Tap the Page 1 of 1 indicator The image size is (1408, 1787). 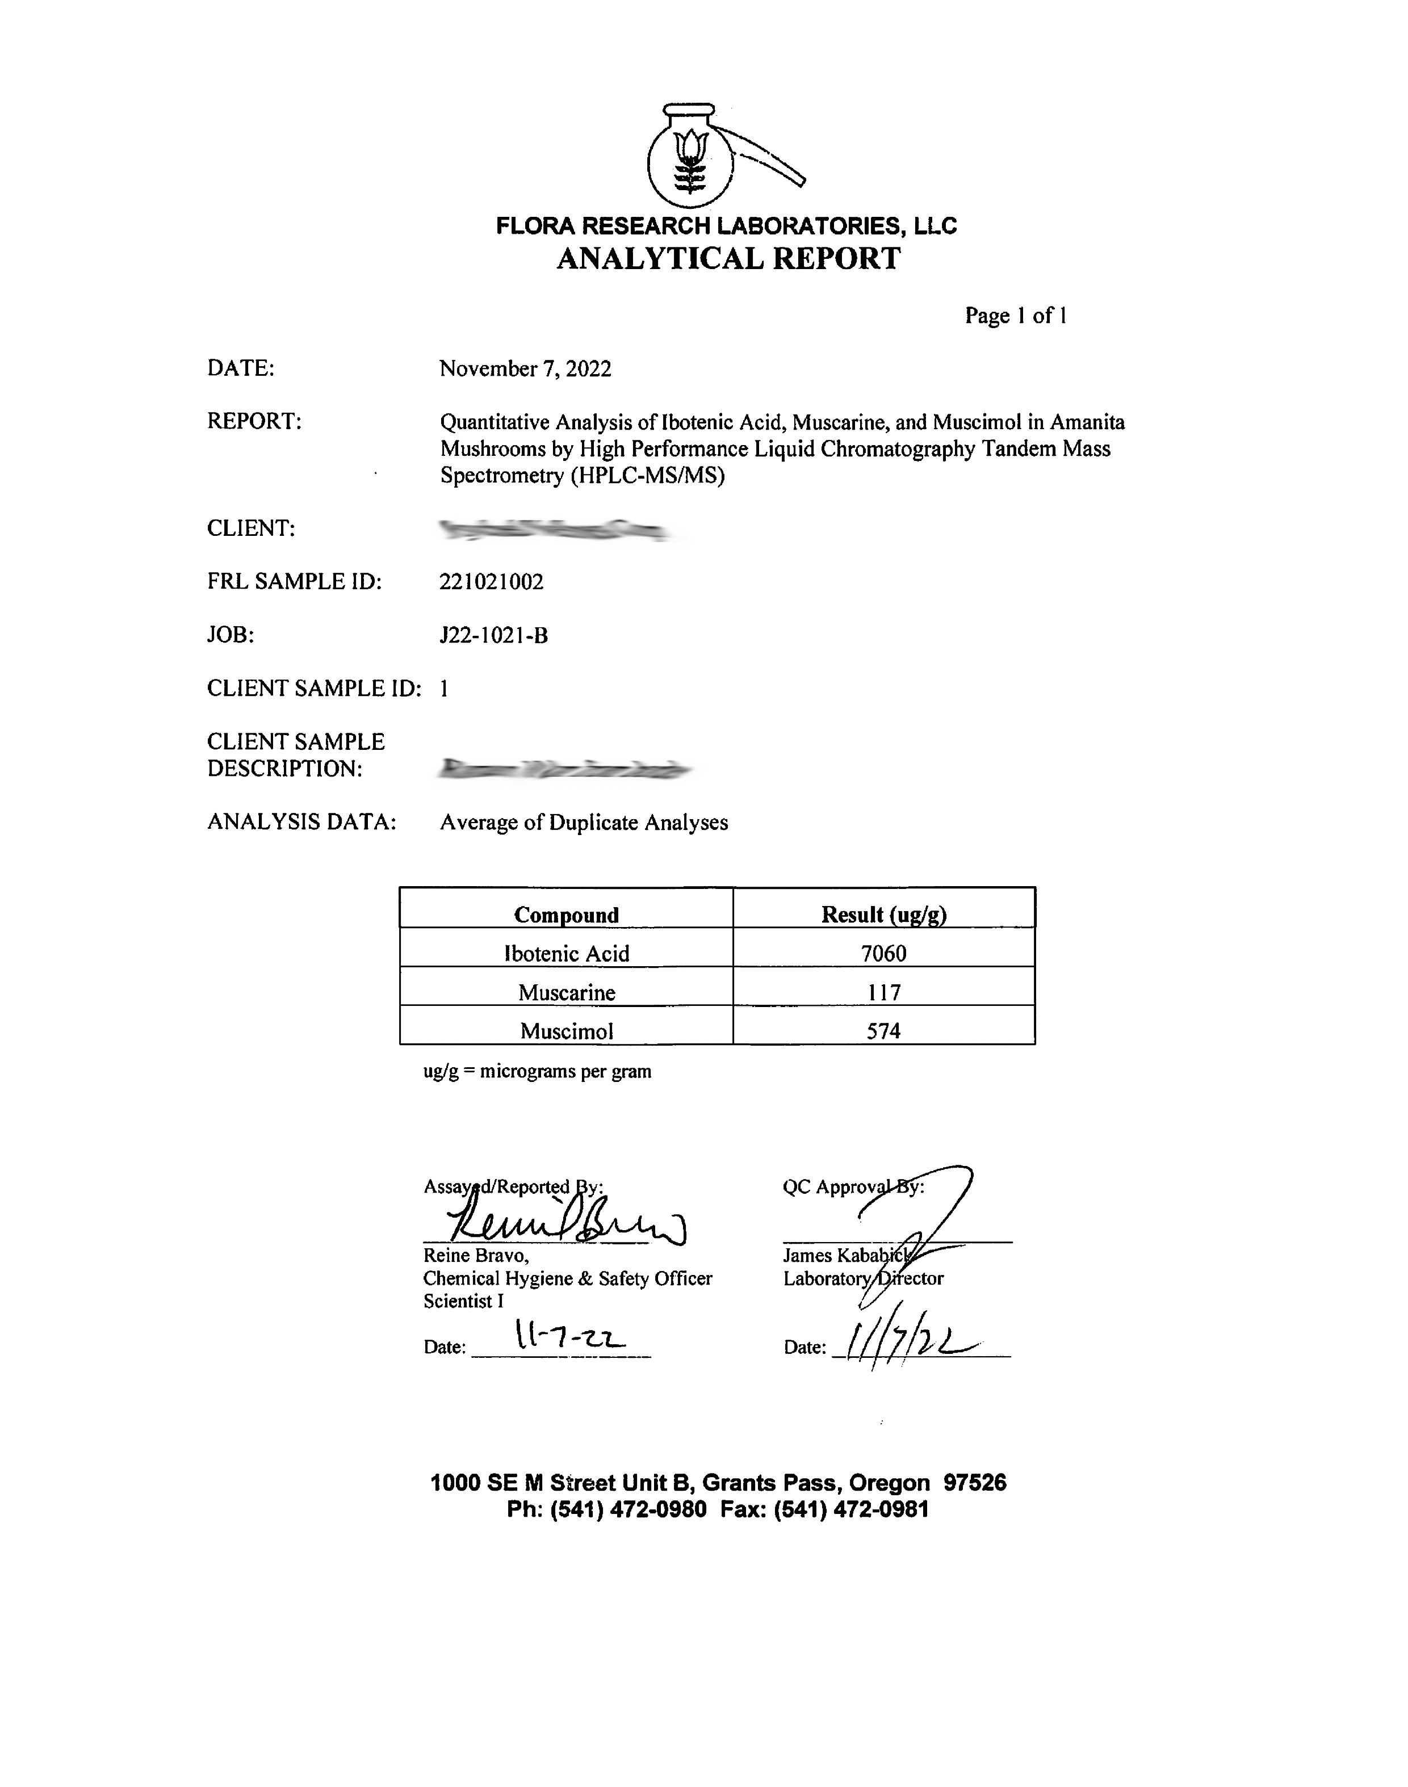click(x=1016, y=316)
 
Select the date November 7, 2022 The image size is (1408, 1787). click(x=525, y=368)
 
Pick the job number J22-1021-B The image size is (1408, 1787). click(x=494, y=636)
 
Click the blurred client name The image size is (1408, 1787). click(x=554, y=529)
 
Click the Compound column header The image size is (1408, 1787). click(x=567, y=915)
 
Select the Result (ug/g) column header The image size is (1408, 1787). click(x=884, y=915)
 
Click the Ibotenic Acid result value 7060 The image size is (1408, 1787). click(x=884, y=954)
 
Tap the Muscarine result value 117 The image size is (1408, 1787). click(x=884, y=992)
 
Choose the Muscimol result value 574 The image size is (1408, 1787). click(x=884, y=1031)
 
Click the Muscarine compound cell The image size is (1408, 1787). click(x=567, y=992)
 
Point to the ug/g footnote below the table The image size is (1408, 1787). click(x=538, y=1072)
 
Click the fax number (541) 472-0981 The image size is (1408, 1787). click(x=852, y=1509)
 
